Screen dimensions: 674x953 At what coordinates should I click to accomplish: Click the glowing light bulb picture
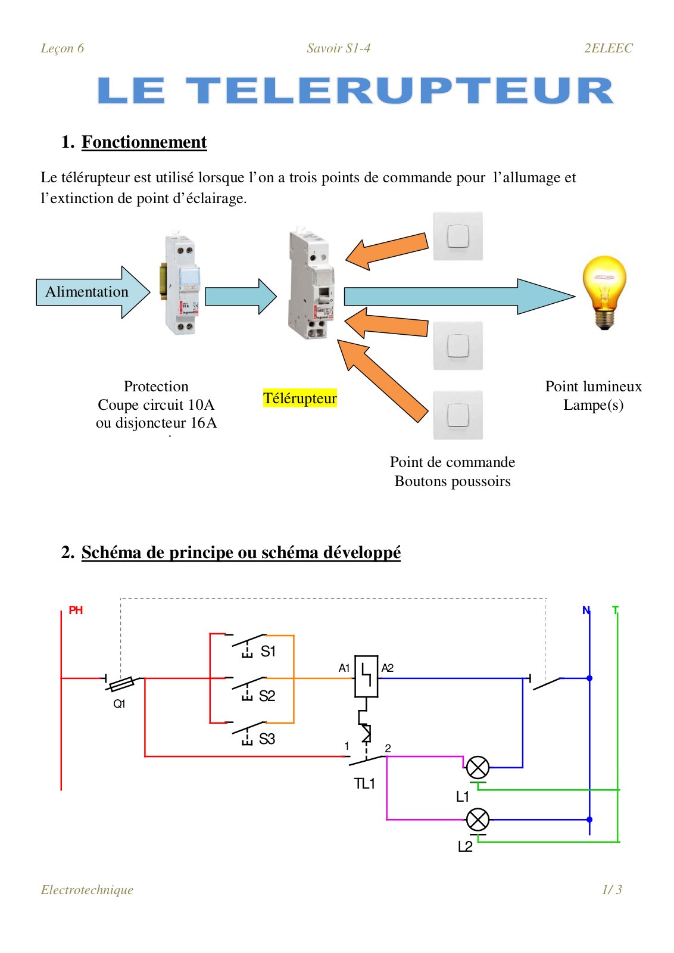[x=604, y=292]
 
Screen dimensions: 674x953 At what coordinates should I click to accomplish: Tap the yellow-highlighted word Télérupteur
[x=300, y=398]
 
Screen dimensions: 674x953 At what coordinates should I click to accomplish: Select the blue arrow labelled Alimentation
[x=93, y=292]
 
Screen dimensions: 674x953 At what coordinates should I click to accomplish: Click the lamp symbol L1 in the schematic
[x=478, y=767]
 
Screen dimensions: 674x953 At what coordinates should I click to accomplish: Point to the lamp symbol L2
[x=478, y=819]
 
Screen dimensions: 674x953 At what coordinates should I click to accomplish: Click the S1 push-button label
[x=268, y=651]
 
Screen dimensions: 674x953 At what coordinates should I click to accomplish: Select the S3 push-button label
[x=267, y=739]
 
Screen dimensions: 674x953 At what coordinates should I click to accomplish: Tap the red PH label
[x=76, y=610]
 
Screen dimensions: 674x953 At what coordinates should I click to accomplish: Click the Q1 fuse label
[x=119, y=703]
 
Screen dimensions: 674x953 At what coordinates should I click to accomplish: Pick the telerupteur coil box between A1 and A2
[x=366, y=676]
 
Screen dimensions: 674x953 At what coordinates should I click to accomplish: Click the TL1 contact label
[x=364, y=783]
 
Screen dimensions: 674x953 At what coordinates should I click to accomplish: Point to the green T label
[x=615, y=610]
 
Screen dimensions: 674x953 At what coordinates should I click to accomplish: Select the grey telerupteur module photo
[x=311, y=284]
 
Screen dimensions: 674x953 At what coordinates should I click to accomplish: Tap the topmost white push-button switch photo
[x=458, y=236]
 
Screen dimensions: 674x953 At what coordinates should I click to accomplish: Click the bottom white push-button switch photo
[x=458, y=415]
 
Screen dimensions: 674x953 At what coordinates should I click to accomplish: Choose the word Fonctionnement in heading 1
[x=144, y=142]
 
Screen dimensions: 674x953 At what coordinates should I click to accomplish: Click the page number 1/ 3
[x=612, y=889]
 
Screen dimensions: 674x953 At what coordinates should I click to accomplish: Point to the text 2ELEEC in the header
[x=609, y=48]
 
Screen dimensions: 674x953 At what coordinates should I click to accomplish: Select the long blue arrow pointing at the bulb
[x=459, y=297]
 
